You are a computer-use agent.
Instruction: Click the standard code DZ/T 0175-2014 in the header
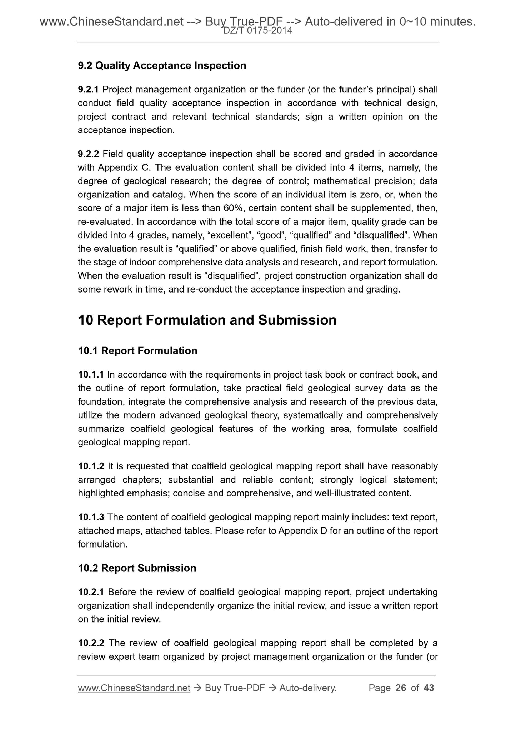(258, 31)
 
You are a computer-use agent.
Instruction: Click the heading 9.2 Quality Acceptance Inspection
(162, 66)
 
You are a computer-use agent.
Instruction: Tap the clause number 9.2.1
(88, 89)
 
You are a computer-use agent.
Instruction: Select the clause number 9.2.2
(88, 154)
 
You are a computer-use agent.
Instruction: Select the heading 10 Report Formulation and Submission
(207, 320)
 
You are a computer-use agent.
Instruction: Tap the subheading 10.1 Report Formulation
(137, 351)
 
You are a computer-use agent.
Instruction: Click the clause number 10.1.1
(91, 375)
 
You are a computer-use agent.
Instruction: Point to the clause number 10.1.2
(91, 466)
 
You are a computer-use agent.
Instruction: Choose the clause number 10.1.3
(91, 517)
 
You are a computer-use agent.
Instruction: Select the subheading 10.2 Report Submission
(137, 568)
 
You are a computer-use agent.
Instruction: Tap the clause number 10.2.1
(91, 592)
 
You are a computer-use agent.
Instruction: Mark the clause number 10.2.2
(91, 643)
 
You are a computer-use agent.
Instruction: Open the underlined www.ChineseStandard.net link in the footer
(134, 688)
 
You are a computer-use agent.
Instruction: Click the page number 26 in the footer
(401, 688)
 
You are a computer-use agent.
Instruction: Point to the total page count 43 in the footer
(429, 688)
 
